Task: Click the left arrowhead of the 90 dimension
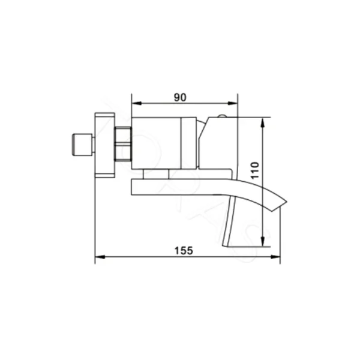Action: point(134,103)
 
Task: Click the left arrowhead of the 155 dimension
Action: point(100,258)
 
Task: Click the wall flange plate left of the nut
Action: point(106,144)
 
